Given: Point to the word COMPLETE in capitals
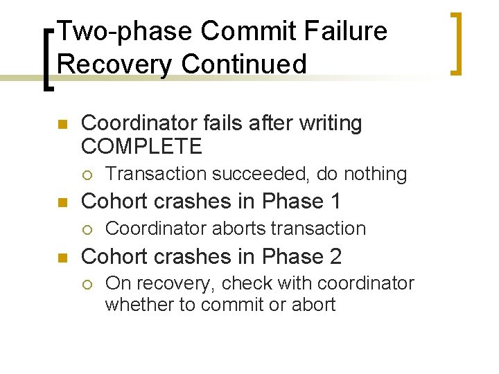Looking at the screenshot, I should (141, 147).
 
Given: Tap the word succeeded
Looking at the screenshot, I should (259, 174).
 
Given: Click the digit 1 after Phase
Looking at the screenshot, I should (335, 202).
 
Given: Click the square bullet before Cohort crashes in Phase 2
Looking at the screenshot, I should (61, 258).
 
